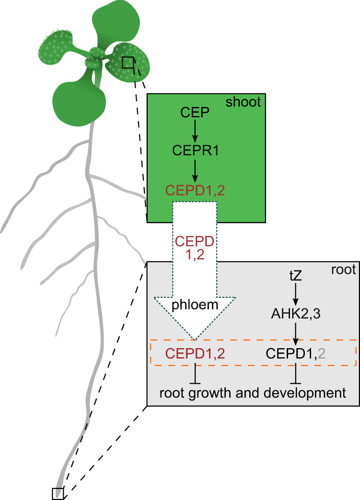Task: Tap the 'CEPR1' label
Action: coord(195,151)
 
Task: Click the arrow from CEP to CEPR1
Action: coord(195,131)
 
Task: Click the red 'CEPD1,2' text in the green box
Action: coord(195,190)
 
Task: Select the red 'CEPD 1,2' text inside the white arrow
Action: coord(195,248)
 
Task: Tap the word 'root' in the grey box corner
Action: coord(343,270)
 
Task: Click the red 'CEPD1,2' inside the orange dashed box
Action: coord(195,353)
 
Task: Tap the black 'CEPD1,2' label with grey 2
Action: coord(295,353)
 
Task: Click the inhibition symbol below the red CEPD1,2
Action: coord(195,374)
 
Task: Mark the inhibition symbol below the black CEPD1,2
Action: coord(295,374)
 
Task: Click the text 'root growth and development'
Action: coord(252,393)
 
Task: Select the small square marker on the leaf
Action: coord(128,63)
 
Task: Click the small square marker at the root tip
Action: coord(58,494)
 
